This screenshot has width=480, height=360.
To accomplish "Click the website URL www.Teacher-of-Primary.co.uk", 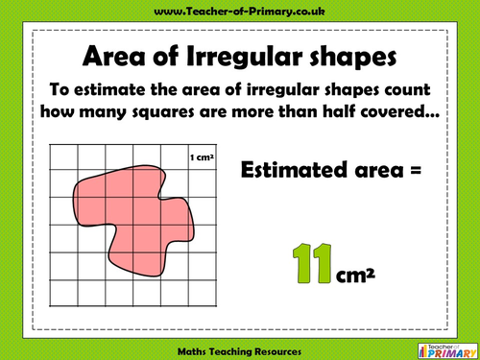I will pos(240,11).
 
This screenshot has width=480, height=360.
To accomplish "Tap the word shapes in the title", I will pos(349,60).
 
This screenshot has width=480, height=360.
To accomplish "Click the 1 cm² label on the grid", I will pos(202,155).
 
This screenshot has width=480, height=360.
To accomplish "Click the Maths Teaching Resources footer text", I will pos(240,348).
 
